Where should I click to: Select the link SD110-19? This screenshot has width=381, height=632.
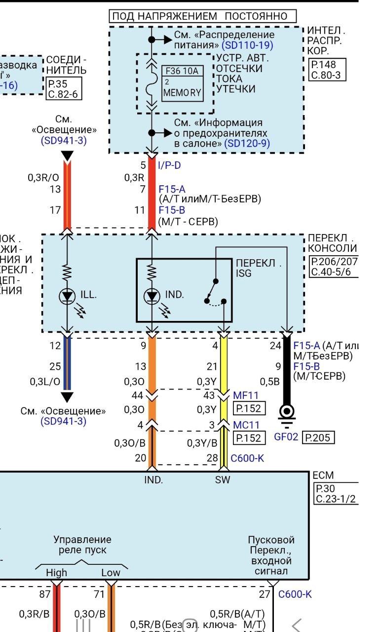pyautogui.click(x=247, y=45)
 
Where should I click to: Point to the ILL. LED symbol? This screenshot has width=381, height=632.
pyautogui.click(x=67, y=296)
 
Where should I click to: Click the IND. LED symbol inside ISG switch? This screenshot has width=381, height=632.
pyautogui.click(x=152, y=296)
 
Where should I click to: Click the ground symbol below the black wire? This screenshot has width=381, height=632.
pyautogui.click(x=286, y=413)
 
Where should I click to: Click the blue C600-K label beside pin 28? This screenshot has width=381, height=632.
pyautogui.click(x=247, y=458)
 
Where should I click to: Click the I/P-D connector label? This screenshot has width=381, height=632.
pyautogui.click(x=169, y=165)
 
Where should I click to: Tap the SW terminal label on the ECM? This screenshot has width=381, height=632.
pyautogui.click(x=223, y=479)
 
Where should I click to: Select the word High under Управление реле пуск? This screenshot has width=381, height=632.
pyautogui.click(x=56, y=573)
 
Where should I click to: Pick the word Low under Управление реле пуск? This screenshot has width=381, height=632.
pyautogui.click(x=111, y=573)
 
